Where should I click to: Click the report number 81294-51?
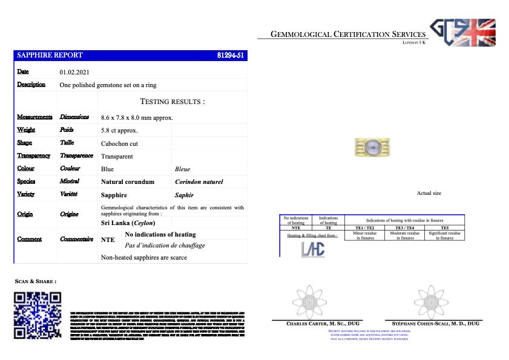(x=230, y=55)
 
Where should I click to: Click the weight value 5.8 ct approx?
(x=119, y=130)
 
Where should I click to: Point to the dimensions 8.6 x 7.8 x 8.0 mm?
(x=137, y=117)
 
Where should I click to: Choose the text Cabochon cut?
(x=120, y=143)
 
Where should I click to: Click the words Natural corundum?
(x=127, y=182)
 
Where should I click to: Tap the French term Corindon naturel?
(x=199, y=182)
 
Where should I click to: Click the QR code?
(x=38, y=315)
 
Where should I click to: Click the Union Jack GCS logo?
(x=462, y=33)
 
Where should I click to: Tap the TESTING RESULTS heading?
(x=172, y=102)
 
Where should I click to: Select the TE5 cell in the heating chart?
(x=444, y=227)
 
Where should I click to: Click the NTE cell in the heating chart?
(x=296, y=227)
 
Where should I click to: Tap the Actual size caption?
(x=429, y=193)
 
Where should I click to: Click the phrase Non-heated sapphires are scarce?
(x=144, y=257)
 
